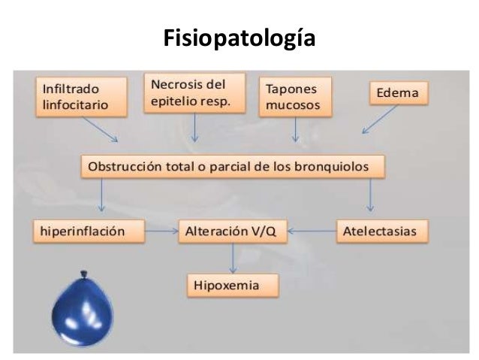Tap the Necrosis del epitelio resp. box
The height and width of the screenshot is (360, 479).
click(x=194, y=91)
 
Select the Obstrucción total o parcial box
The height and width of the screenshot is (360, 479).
click(x=233, y=167)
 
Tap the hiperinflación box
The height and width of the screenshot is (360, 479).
click(x=89, y=232)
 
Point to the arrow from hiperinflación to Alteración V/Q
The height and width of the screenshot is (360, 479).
click(x=160, y=232)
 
